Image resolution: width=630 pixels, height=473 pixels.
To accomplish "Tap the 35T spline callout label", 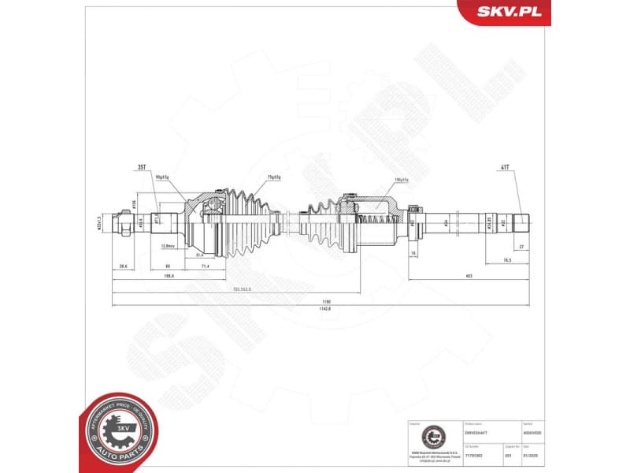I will click(142, 168).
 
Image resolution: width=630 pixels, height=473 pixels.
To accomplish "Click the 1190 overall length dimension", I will click(315, 300).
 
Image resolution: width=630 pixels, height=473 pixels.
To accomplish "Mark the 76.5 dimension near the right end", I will click(508, 259).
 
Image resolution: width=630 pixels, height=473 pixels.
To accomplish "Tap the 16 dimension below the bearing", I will click(413, 253).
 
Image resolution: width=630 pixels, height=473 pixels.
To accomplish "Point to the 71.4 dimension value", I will click(206, 267).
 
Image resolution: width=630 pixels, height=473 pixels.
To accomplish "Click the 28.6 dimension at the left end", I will click(123, 267).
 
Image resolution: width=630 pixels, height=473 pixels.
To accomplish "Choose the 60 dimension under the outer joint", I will click(169, 267).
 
